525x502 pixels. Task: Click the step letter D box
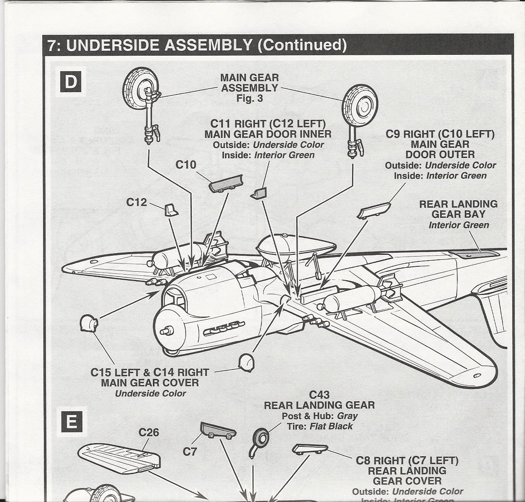(70, 81)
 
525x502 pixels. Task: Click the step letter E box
(71, 422)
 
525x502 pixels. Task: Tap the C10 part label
(186, 165)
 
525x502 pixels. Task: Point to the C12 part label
(136, 202)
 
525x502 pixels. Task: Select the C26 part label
(149, 432)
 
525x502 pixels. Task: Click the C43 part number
(319, 395)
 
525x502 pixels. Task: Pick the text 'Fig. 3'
(250, 99)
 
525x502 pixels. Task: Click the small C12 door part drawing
(171, 210)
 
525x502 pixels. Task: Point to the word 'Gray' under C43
(348, 416)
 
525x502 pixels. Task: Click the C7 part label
(190, 452)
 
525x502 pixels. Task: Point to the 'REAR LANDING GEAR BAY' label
(458, 209)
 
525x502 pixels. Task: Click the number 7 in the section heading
(51, 45)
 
